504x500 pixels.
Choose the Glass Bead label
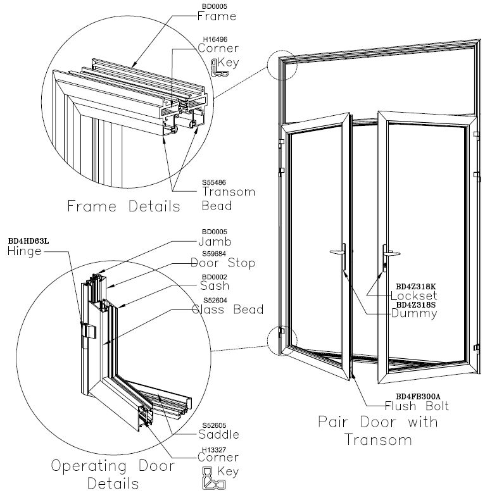227,309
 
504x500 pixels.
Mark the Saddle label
220,434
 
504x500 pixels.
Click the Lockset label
414,296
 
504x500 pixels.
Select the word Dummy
415,313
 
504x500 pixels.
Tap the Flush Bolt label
412,406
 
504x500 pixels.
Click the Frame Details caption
124,206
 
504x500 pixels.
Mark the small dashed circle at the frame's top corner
282,65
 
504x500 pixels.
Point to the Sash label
215,286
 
